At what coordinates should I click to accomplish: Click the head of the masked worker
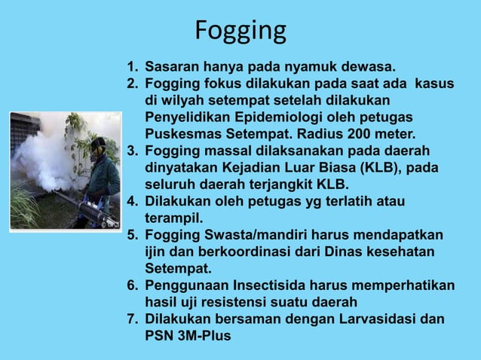97,145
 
